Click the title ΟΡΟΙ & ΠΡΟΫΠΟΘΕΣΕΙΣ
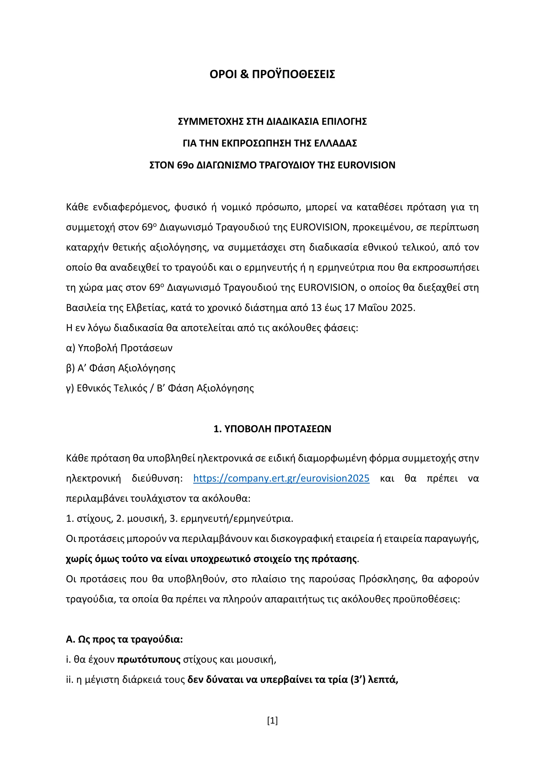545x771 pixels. pos(272,74)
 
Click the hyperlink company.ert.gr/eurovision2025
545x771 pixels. pos(281,478)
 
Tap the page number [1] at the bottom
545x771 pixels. pos(272,720)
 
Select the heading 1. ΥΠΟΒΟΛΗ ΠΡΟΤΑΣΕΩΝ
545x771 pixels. pos(272,429)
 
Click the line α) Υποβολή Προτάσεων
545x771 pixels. pos(119,348)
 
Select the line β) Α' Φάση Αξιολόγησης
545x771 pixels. pos(121,368)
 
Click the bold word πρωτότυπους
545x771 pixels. pos(149,659)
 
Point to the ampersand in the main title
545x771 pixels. pos(244,74)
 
